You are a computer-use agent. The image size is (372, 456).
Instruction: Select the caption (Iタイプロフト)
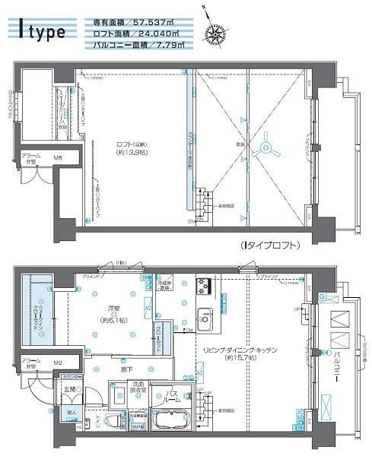268,245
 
